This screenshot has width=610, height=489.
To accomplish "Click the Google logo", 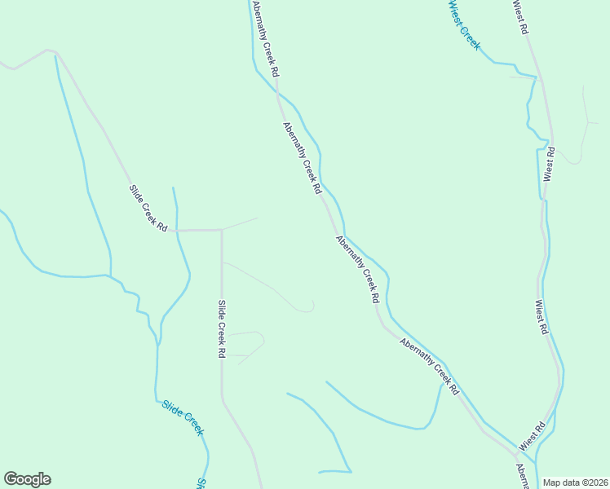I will click(x=27, y=479).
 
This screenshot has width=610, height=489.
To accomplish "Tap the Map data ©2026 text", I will click(x=575, y=482).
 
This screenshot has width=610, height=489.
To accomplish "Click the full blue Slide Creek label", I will click(x=182, y=417).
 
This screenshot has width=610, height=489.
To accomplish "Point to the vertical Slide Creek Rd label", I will click(x=221, y=329).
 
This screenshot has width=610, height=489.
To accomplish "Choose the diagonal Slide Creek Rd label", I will click(x=148, y=208).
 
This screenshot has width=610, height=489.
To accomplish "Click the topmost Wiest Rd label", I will click(x=521, y=16).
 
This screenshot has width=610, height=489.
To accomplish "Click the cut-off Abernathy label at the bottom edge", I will click(x=522, y=477).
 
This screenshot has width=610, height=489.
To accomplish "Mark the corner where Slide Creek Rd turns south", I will click(x=222, y=230).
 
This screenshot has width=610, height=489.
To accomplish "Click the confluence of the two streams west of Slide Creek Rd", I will click(x=111, y=275).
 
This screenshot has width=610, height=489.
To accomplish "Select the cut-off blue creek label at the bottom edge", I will click(x=201, y=483).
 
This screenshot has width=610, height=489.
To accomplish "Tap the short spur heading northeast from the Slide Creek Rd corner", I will click(x=241, y=223).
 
